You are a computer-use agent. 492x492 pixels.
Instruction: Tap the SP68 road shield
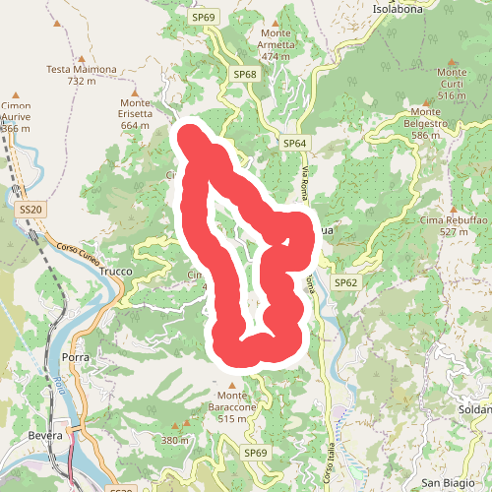(244, 75)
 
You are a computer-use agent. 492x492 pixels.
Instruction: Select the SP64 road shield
(295, 143)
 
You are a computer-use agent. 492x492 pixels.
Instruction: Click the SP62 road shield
(345, 282)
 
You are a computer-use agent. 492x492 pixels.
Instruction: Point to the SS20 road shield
(31, 209)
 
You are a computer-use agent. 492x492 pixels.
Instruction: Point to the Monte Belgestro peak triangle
(428, 101)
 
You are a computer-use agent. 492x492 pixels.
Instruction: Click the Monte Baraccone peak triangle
(232, 385)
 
